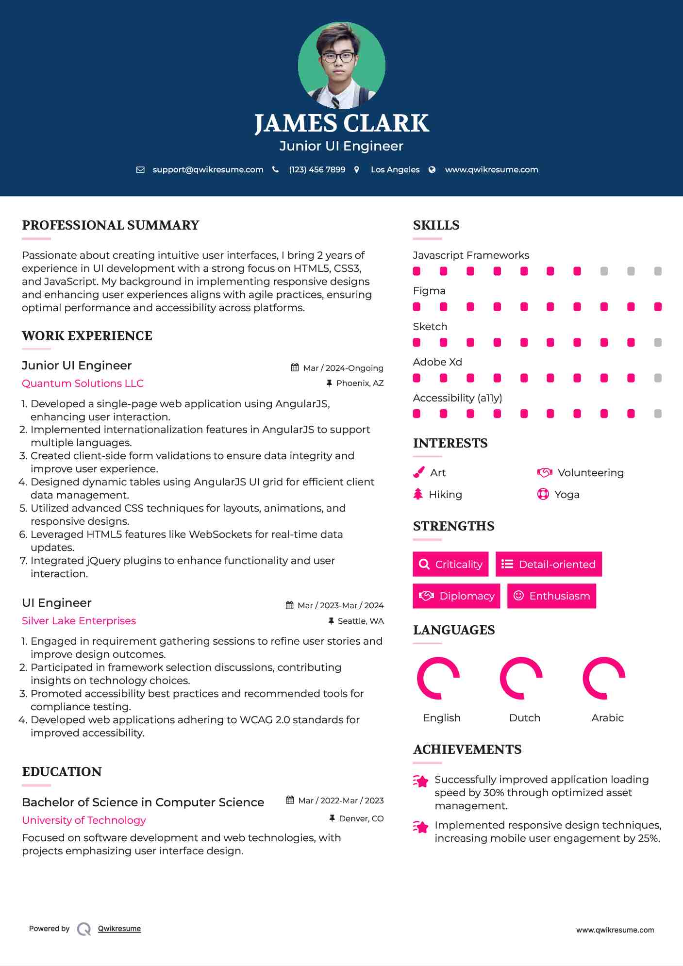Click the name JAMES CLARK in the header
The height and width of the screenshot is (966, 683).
click(x=341, y=123)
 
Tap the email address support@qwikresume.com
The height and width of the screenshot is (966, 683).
click(x=208, y=169)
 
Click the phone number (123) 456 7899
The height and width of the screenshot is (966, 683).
click(x=317, y=169)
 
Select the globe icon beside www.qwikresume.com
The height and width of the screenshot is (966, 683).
click(x=432, y=169)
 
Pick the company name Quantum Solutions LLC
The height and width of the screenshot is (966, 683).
click(x=83, y=383)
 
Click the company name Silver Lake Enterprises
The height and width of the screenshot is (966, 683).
click(x=79, y=621)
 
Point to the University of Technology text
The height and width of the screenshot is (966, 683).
click(x=84, y=820)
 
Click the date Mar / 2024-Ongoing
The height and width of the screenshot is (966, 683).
click(x=343, y=368)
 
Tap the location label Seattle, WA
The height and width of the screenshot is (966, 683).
click(x=360, y=621)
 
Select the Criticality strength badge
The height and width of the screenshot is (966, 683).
click(x=450, y=564)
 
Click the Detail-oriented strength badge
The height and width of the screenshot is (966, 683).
click(x=549, y=564)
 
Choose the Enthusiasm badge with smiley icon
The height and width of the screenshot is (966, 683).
click(x=551, y=596)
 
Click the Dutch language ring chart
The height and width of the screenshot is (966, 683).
click(x=521, y=678)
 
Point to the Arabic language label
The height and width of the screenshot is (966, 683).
click(x=607, y=718)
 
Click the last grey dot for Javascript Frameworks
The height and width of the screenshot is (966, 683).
click(x=658, y=271)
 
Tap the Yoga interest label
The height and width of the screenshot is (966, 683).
click(x=566, y=495)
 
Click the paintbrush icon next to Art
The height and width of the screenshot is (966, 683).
click(x=418, y=472)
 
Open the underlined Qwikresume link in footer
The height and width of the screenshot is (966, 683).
click(x=119, y=929)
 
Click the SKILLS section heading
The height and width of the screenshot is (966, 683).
click(x=436, y=225)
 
